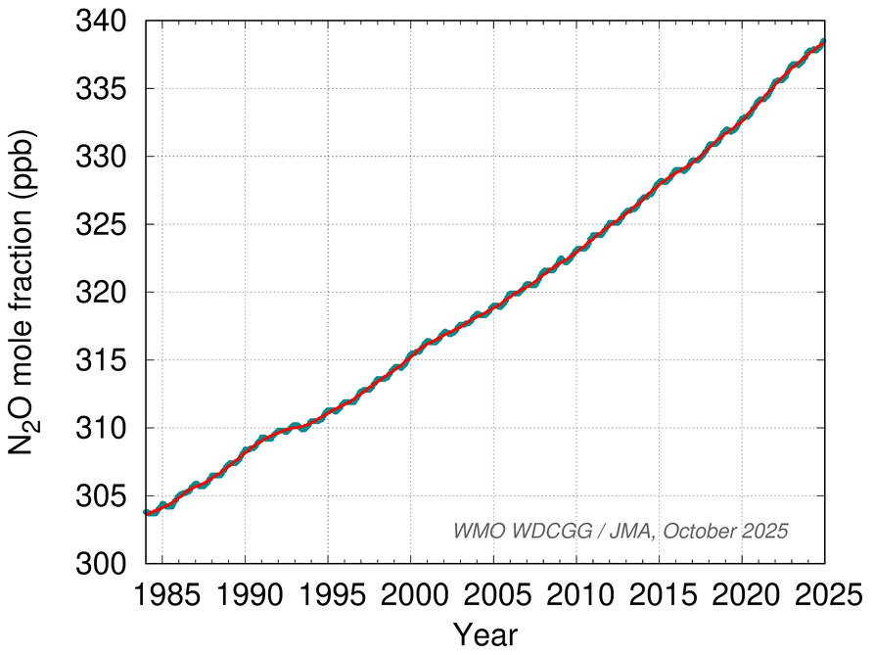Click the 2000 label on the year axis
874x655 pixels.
click(x=410, y=595)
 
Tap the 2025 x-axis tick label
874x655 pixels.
click(x=824, y=595)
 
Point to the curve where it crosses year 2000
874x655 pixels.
click(x=410, y=354)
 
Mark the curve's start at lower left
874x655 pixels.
click(x=146, y=512)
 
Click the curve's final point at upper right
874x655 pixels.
click(x=823, y=42)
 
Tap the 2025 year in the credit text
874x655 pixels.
click(x=766, y=530)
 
